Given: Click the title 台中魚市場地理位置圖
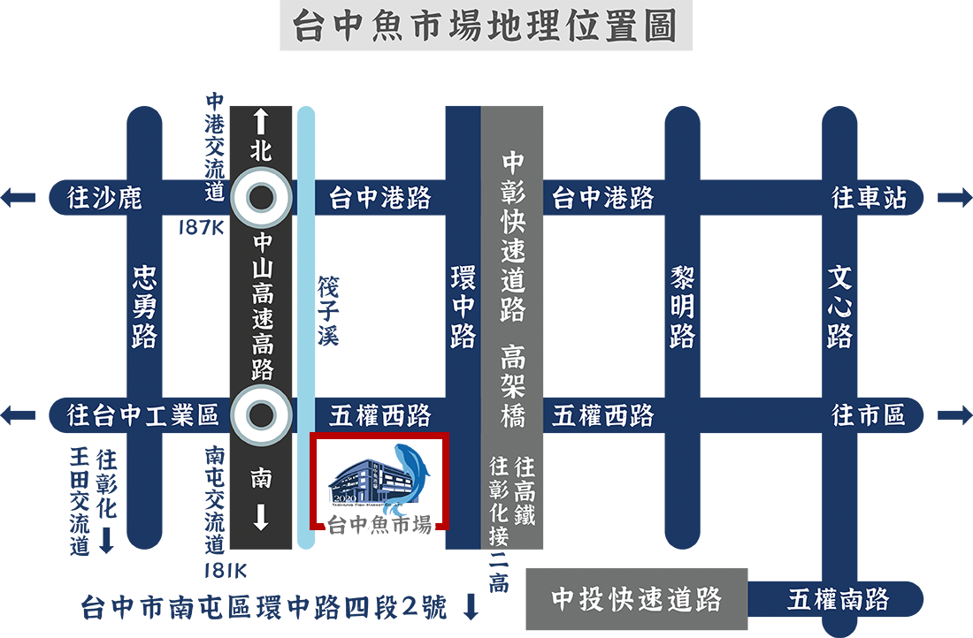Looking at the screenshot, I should (485, 27).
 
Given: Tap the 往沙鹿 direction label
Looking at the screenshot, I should (104, 197).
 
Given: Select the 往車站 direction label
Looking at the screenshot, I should (870, 197).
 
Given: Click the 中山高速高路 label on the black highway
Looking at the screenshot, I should (263, 306).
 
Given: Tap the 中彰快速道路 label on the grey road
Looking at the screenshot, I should (513, 237).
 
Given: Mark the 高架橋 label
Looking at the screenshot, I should (513, 386).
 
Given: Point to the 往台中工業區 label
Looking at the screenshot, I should (143, 415).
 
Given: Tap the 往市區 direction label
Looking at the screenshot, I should (869, 414).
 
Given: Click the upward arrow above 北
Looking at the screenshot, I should (261, 118).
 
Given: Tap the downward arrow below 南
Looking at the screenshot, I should (261, 516).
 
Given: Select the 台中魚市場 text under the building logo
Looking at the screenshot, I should (379, 525).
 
